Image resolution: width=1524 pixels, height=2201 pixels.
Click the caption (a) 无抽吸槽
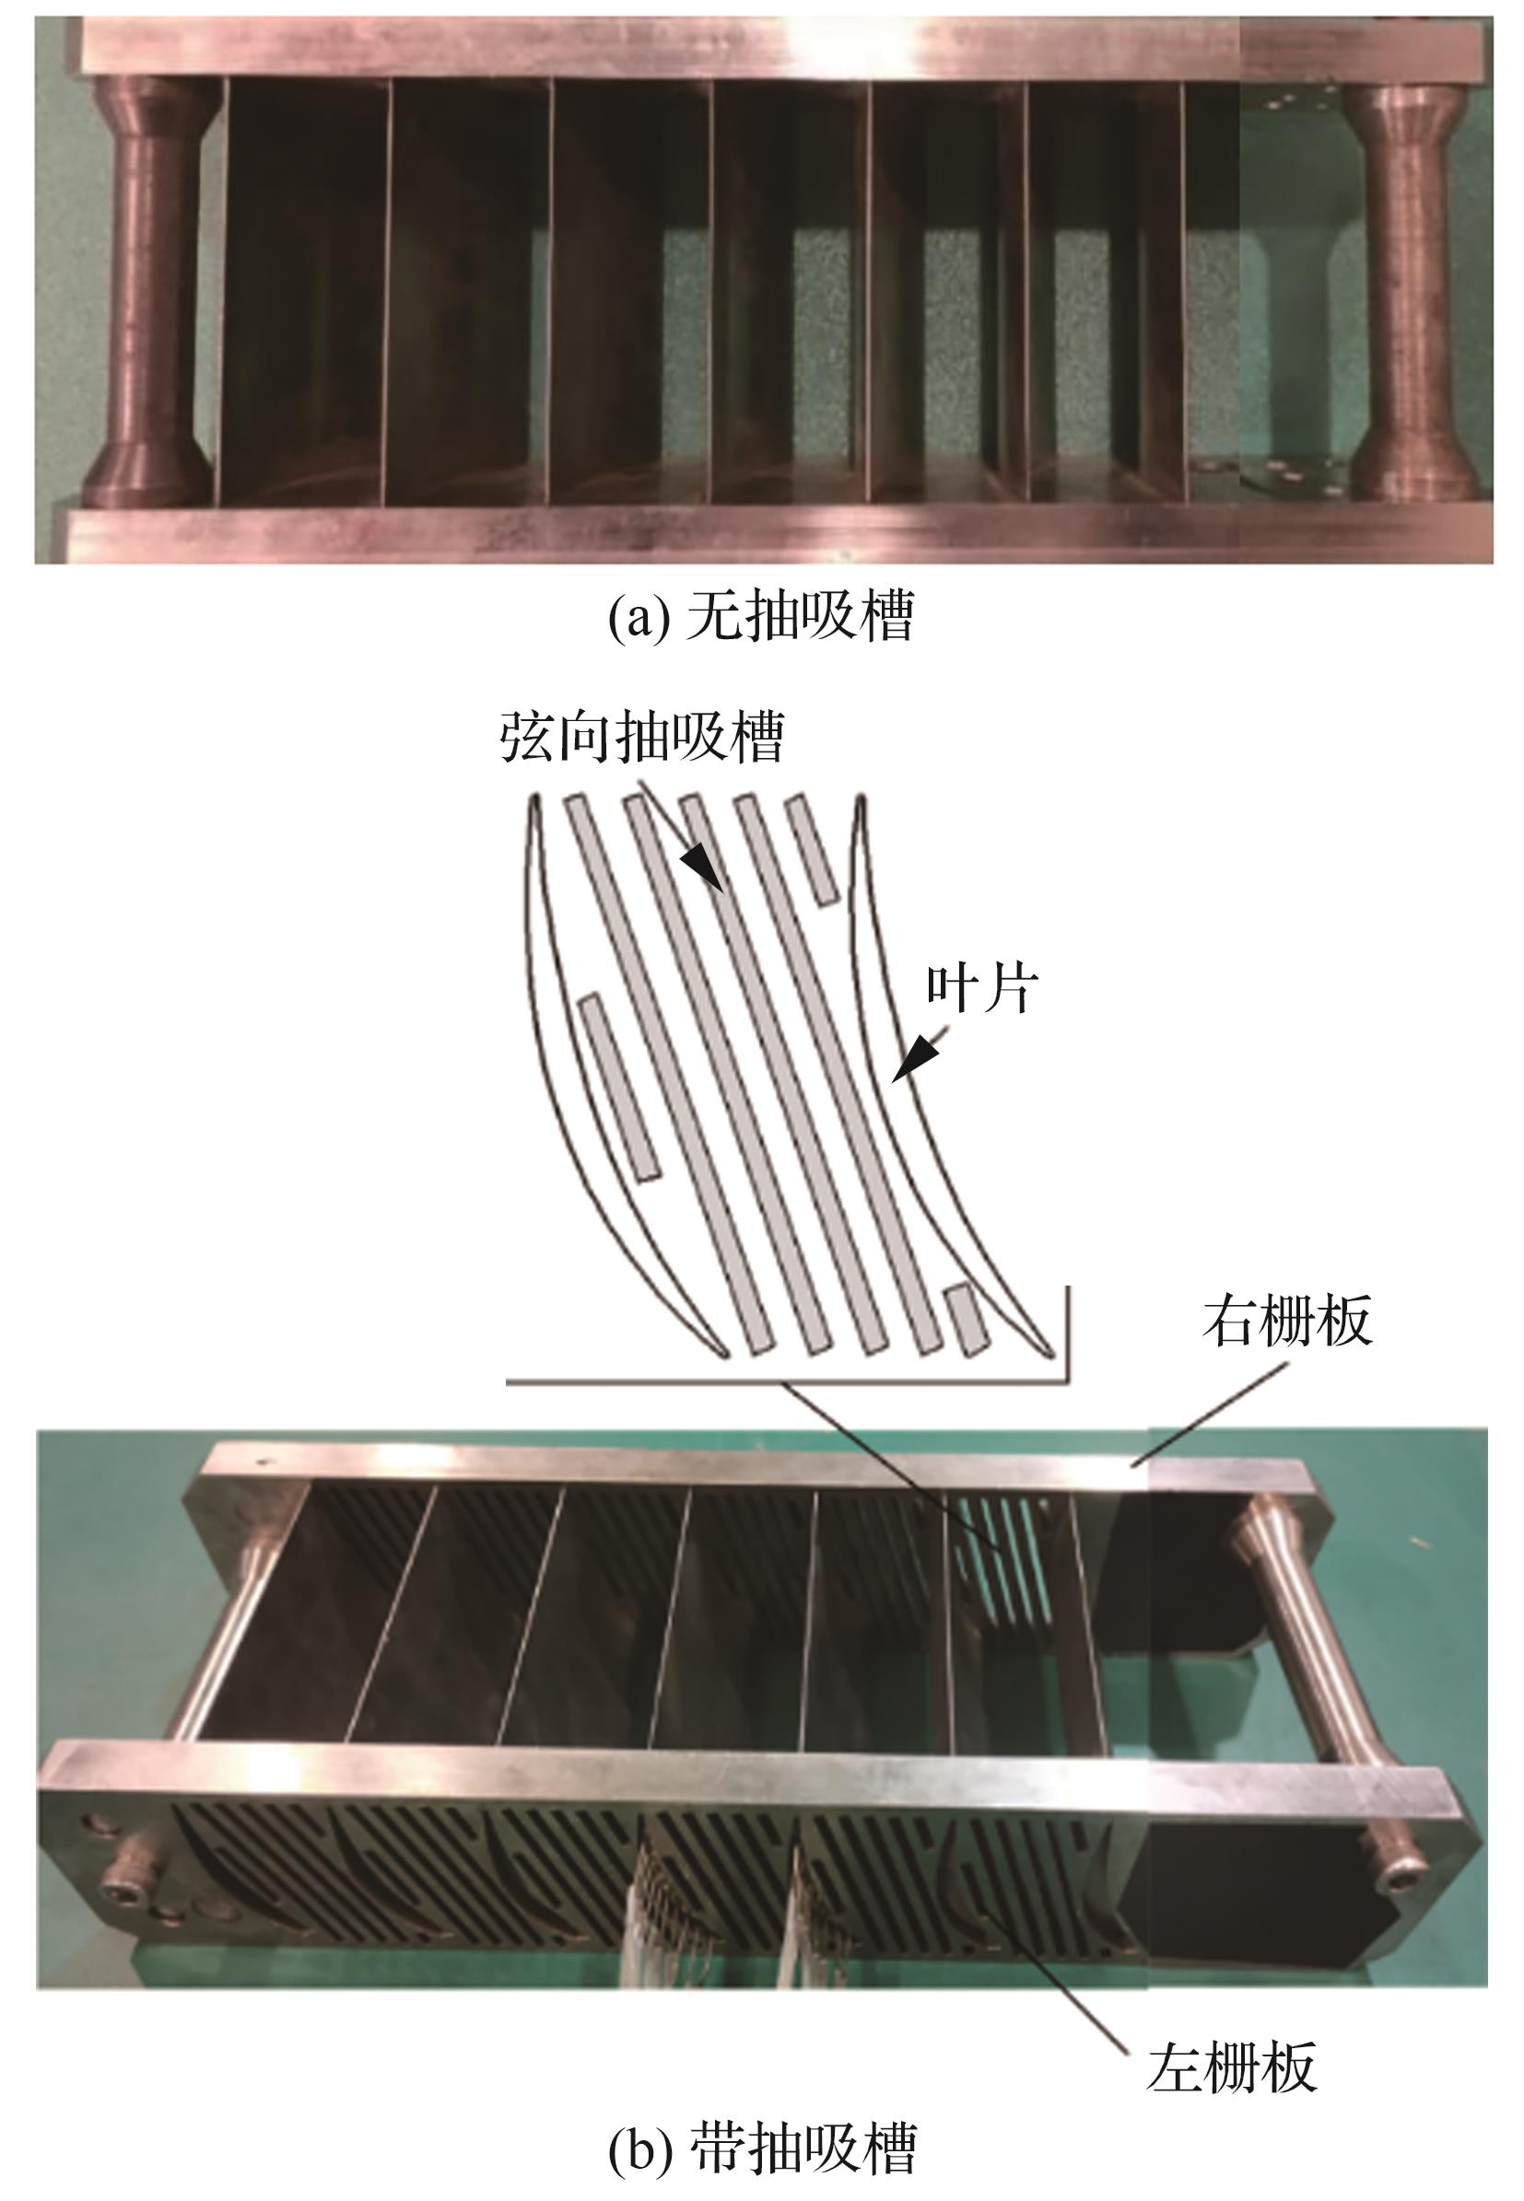pos(761,615)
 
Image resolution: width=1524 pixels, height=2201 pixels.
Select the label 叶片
pos(982,990)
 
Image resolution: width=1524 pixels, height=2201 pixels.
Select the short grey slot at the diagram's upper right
pos(812,848)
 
